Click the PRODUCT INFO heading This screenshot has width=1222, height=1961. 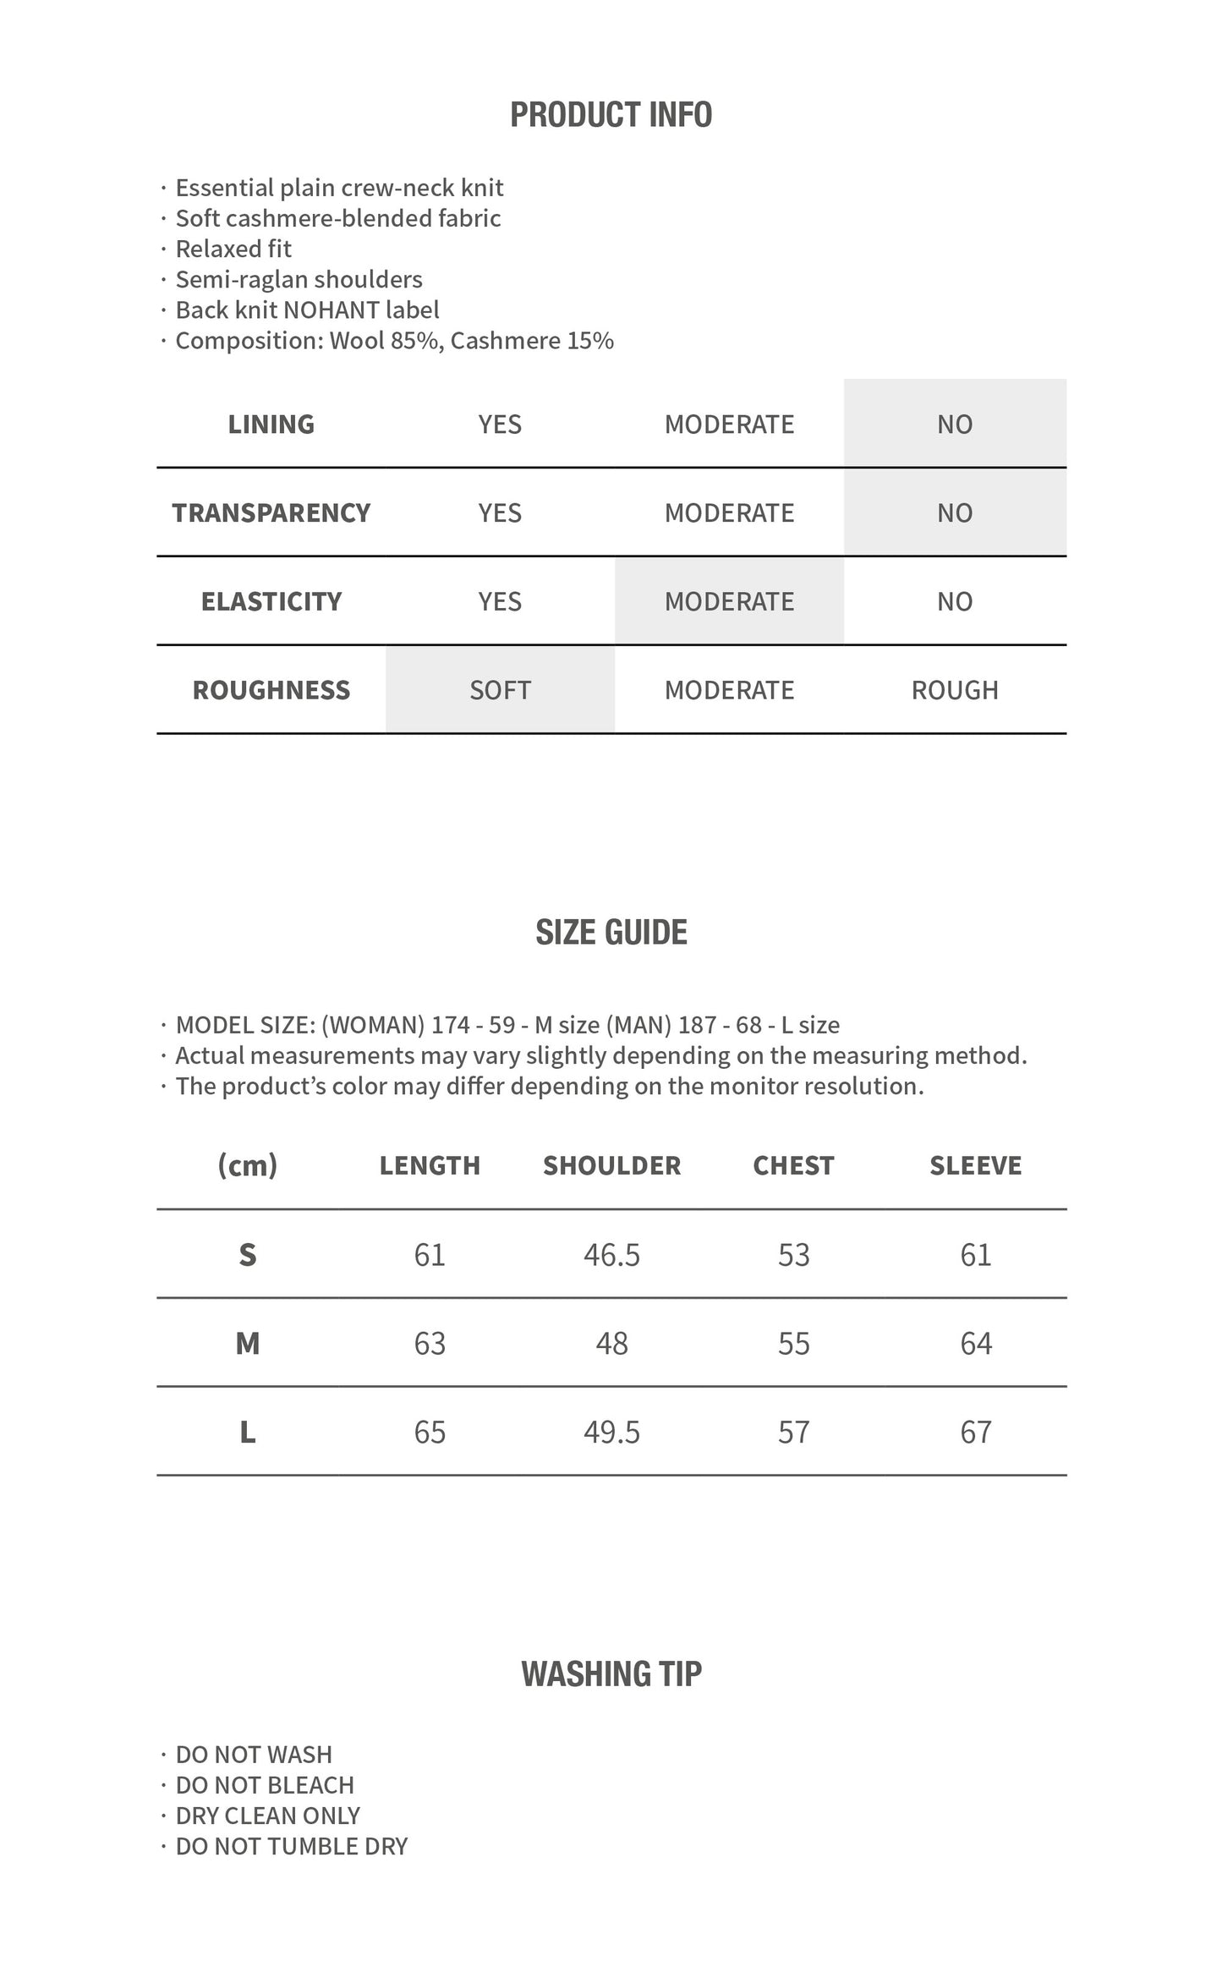(x=611, y=115)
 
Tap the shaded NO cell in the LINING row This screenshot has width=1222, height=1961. (x=954, y=424)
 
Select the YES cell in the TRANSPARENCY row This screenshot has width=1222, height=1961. (x=500, y=512)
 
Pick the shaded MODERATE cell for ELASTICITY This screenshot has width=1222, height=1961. (x=729, y=601)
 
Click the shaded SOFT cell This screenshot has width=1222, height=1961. (x=500, y=690)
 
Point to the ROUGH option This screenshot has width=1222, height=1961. (x=954, y=690)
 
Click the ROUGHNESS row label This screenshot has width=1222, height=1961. (x=271, y=690)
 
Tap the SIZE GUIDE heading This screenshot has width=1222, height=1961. (x=611, y=932)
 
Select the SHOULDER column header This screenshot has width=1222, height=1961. (x=611, y=1165)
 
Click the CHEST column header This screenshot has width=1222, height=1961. (x=793, y=1165)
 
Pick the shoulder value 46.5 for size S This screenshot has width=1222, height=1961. (x=611, y=1255)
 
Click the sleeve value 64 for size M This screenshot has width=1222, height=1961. (x=975, y=1344)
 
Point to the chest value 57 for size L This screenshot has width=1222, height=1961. (x=793, y=1432)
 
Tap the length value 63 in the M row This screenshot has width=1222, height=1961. (x=430, y=1344)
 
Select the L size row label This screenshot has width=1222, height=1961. (x=247, y=1432)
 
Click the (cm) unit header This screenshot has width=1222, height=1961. (x=247, y=1165)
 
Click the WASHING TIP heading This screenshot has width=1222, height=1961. (x=611, y=1674)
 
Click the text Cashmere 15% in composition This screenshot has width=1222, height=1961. (x=532, y=341)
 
